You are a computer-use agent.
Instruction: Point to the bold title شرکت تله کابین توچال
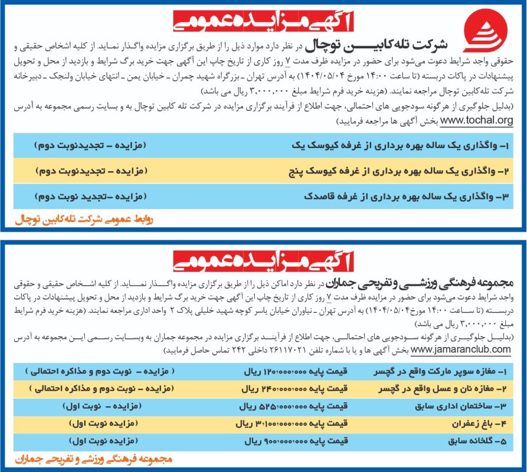(x=375, y=45)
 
